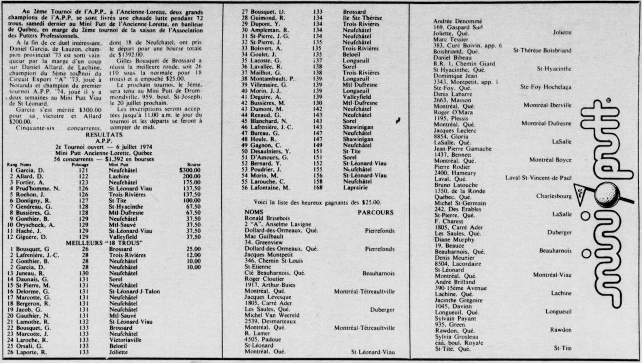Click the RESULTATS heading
tap(104, 135)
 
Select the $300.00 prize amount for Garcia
tap(190, 170)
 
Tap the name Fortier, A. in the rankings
tap(30, 182)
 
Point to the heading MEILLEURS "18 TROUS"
tap(104, 243)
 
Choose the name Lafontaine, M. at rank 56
tap(270, 188)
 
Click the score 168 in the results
tap(318, 188)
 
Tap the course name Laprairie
tap(355, 188)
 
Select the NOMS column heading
tap(254, 212)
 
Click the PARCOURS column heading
tap(375, 212)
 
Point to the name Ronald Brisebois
tap(267, 218)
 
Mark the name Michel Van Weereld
tap(272, 315)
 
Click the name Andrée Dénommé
tap(457, 21)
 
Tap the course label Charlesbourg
tap(554, 196)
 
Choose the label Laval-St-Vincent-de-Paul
tap(538, 178)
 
